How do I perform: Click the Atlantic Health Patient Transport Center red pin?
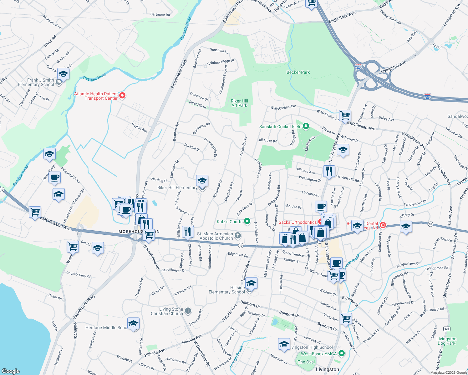[x=122, y=96]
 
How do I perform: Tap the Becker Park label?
[x=298, y=72]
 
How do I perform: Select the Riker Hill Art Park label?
[x=240, y=103]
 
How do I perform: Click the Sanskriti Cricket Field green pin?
[x=306, y=126]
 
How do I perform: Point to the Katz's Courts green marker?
[x=247, y=222]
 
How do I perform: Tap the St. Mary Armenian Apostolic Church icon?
[x=238, y=235]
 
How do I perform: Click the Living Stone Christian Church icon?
[x=188, y=311]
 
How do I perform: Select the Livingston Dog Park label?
[x=446, y=341]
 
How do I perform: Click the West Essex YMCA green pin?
[x=342, y=353]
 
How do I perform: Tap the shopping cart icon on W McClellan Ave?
[x=345, y=115]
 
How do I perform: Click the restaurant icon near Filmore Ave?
[x=329, y=171]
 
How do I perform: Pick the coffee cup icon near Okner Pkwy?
[x=55, y=177]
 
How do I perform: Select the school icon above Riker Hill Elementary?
[x=202, y=181]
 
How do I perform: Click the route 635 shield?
[x=447, y=328]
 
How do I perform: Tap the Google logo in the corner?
[x=11, y=371]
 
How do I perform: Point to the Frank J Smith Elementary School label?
[x=36, y=82]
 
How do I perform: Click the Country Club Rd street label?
[x=78, y=275]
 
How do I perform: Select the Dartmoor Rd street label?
[x=160, y=14]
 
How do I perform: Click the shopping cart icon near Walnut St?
[x=73, y=247]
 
